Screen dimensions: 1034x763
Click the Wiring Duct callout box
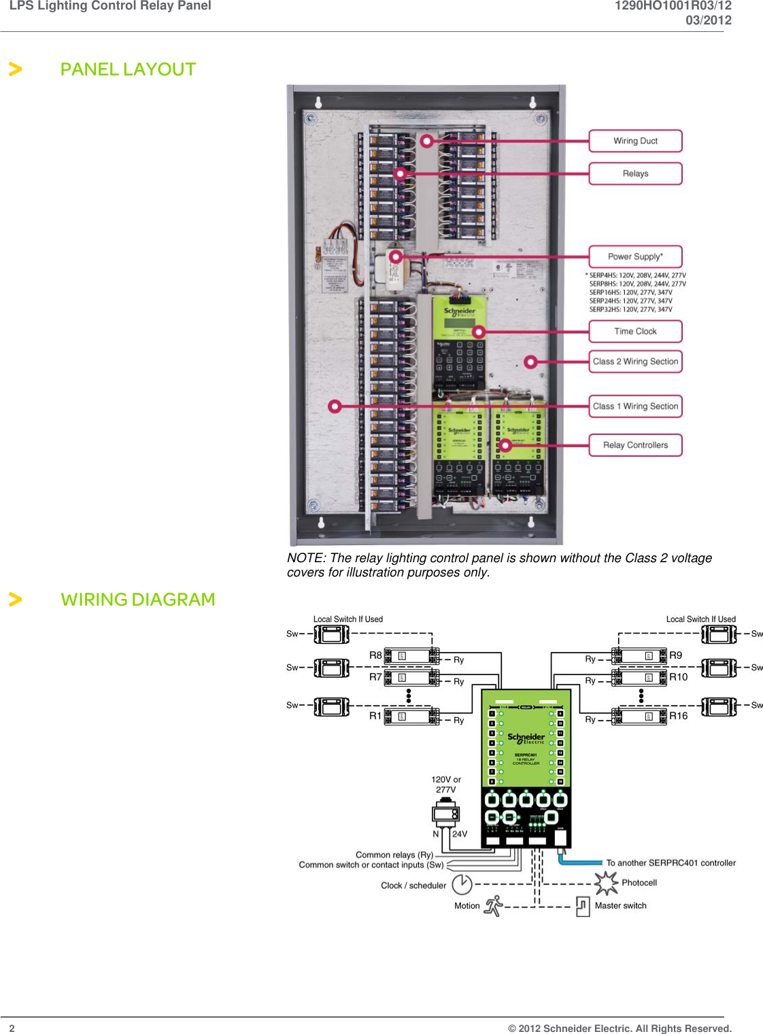tap(635, 141)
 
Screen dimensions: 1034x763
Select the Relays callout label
tap(635, 173)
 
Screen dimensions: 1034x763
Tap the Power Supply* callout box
tap(635, 256)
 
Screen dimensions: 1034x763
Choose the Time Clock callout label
tap(635, 331)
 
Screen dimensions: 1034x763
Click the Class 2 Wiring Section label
tap(635, 362)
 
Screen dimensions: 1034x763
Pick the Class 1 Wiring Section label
tap(635, 406)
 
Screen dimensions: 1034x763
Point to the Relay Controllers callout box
tap(635, 445)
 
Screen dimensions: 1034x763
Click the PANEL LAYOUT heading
tap(128, 69)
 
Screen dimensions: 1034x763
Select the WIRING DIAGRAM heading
tap(137, 600)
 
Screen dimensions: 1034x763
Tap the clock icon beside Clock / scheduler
tap(462, 884)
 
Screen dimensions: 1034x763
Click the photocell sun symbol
tap(605, 883)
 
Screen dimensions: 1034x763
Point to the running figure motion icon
tap(494, 906)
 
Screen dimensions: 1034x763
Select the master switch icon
tap(583, 906)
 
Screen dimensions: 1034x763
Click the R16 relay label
tap(678, 716)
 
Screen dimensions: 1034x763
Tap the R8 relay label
tap(375, 655)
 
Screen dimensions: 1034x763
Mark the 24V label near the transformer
tap(460, 834)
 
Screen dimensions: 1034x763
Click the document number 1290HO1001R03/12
tap(673, 6)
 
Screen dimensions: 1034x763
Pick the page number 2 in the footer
tap(12, 1028)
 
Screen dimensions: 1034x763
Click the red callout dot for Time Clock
tap(479, 332)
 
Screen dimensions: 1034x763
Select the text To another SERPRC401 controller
tap(671, 863)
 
